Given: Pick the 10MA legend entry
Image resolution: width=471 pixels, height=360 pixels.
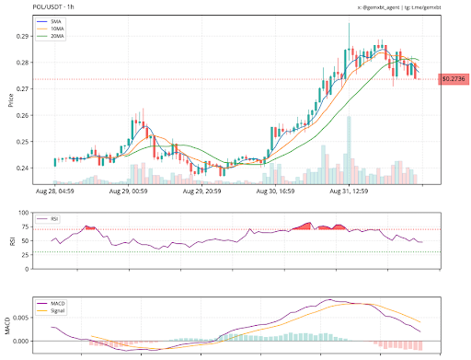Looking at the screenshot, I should [60, 29].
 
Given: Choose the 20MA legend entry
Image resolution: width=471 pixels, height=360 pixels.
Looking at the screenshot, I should [60, 36].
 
